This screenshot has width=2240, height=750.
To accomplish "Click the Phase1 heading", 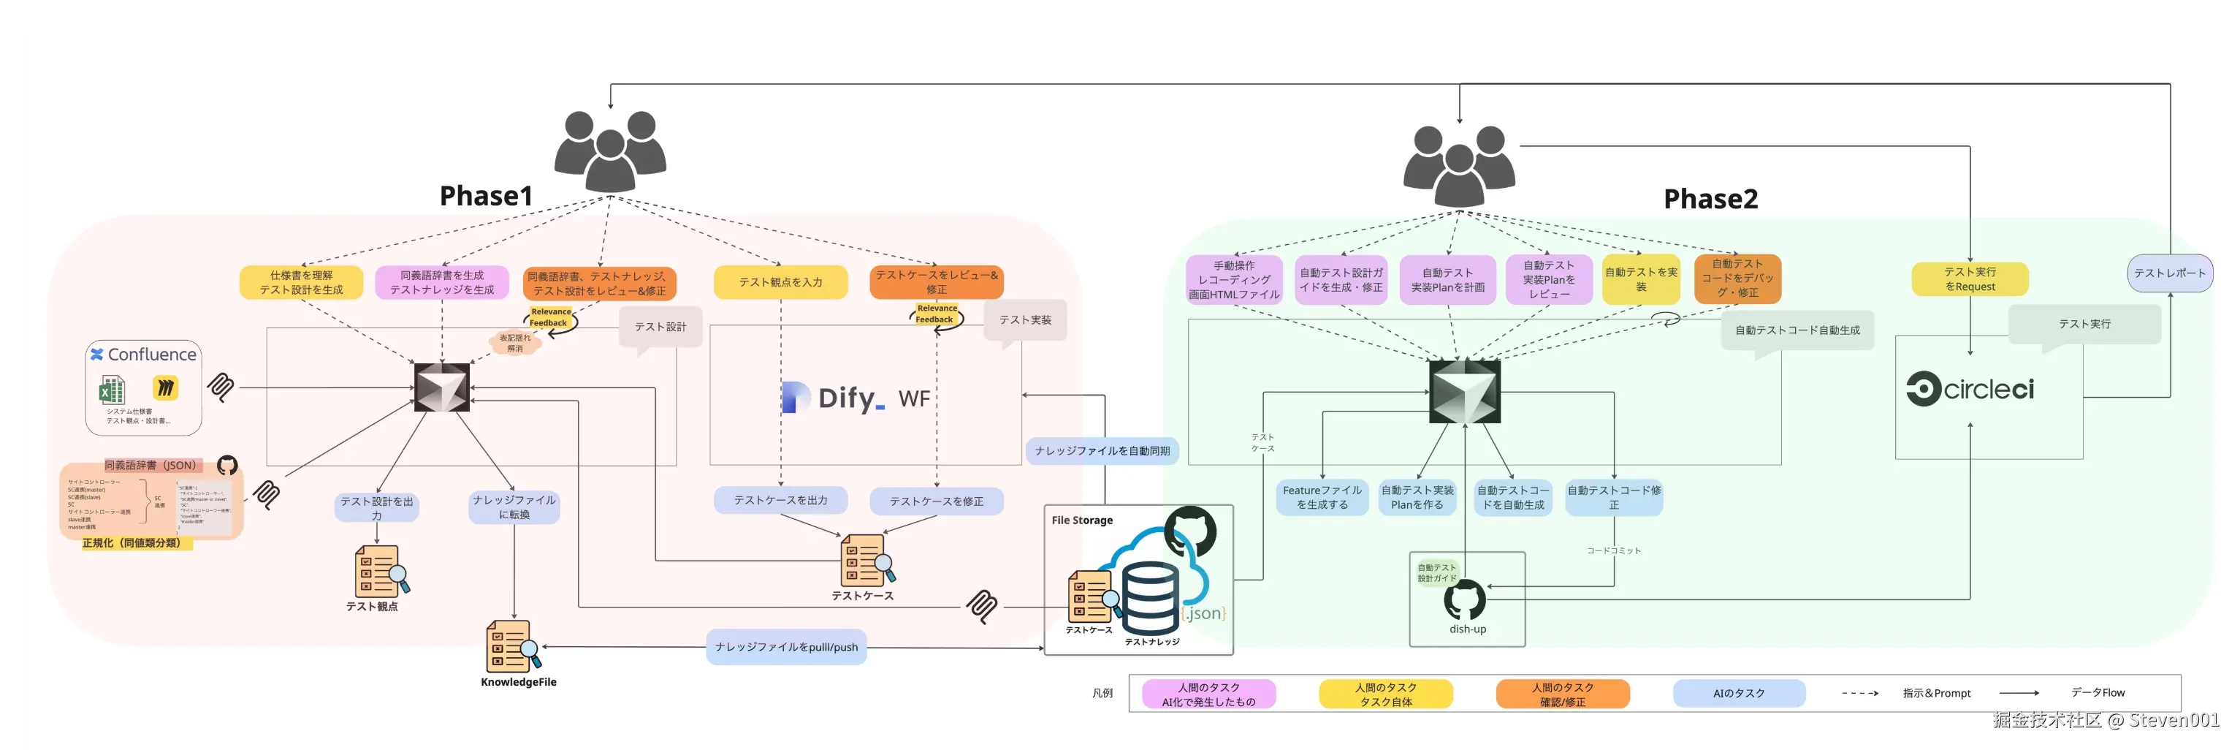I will (x=485, y=196).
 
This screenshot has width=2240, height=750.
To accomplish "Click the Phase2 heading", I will (x=1710, y=200).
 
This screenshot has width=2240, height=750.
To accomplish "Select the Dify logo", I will (x=833, y=398).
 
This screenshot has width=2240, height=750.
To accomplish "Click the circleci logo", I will (x=1970, y=389).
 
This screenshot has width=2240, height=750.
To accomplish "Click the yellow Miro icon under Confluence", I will (x=165, y=387).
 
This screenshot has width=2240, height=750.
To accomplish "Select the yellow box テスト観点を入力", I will (x=780, y=282).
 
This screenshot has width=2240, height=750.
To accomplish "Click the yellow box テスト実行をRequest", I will (x=1970, y=279).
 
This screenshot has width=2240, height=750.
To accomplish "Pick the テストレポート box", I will (x=2168, y=273).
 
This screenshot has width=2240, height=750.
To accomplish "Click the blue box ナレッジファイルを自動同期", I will (x=1102, y=451).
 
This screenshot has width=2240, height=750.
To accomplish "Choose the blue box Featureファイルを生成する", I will (x=1322, y=498).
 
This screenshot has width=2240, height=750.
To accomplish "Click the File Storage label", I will (x=1082, y=520).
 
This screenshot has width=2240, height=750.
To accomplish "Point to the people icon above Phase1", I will (x=611, y=151).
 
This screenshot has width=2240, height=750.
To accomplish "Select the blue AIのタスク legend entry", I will (x=1738, y=694).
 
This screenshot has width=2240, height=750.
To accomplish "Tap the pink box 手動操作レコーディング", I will (x=1234, y=279).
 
